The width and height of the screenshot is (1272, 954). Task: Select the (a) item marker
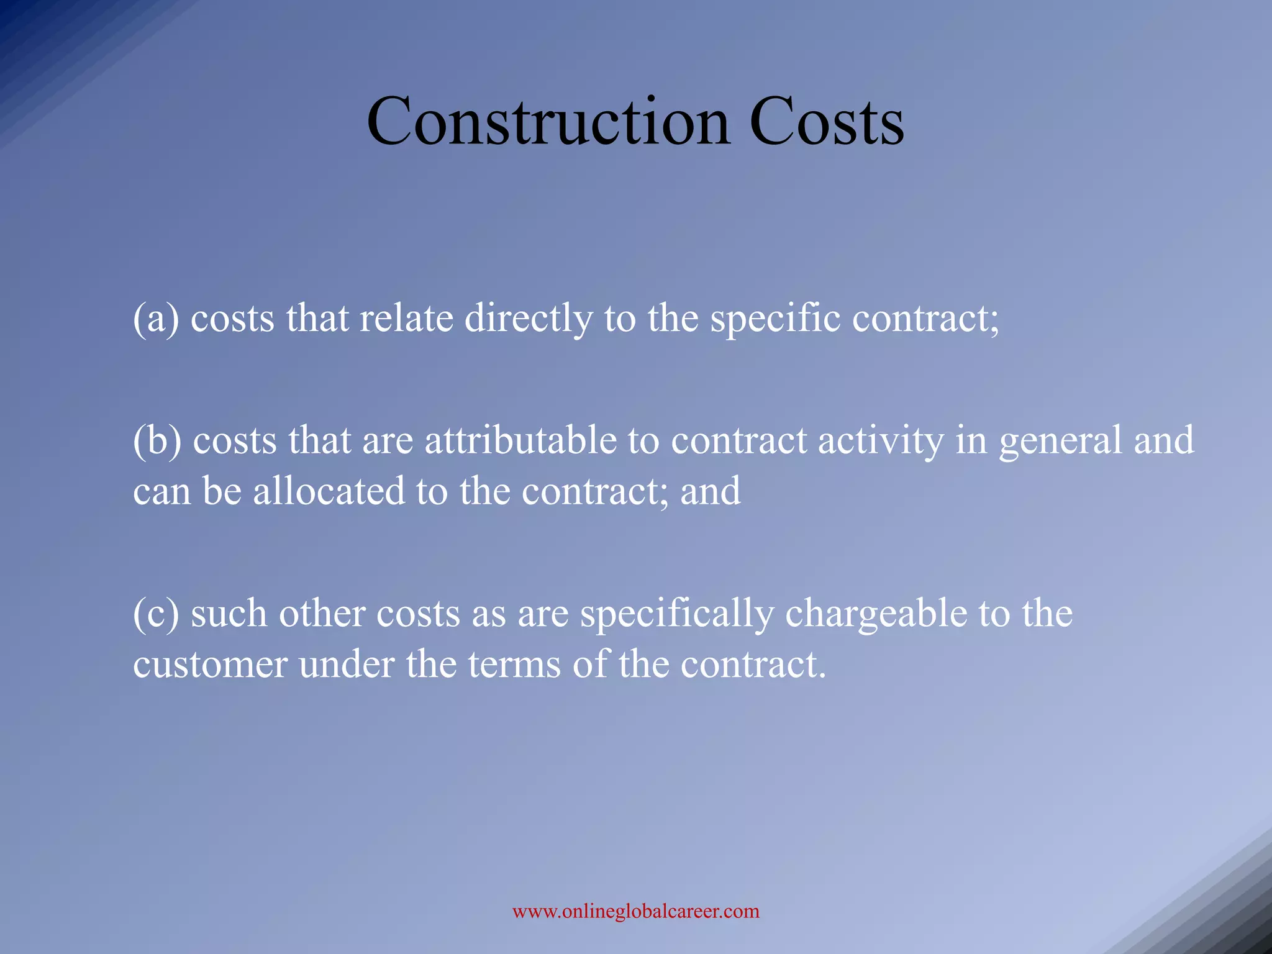(156, 319)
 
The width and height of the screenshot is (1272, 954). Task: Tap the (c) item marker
(156, 614)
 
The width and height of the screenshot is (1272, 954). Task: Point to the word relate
(406, 319)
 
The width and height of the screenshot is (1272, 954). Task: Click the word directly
(528, 320)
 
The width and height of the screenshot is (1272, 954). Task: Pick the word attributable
(520, 441)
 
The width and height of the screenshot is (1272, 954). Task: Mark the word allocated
(329, 491)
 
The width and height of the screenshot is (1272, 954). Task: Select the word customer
(209, 665)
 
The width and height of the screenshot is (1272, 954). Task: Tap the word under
(346, 665)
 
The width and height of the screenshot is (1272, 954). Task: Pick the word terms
(514, 665)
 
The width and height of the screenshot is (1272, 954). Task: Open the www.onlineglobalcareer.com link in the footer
(635, 911)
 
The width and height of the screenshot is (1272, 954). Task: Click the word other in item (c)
(321, 614)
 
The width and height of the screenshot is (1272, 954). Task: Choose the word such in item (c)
(229, 614)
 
